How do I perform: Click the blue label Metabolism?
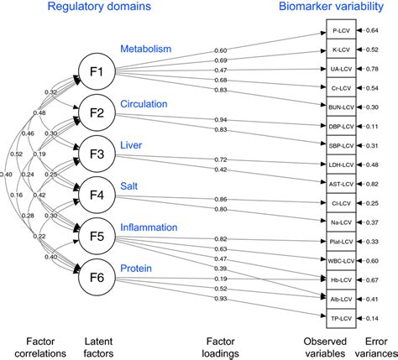pos(145,50)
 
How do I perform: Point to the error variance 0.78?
pos(371,70)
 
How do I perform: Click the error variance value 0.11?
pos(371,127)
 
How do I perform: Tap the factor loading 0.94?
pos(222,119)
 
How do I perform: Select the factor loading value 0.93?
pos(222,299)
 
